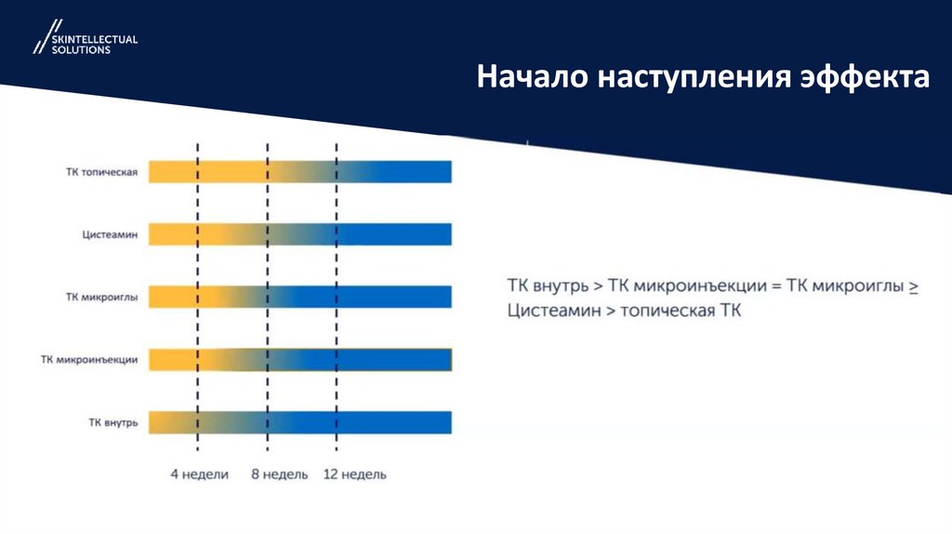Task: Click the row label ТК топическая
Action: click(102, 172)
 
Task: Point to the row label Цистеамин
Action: click(110, 235)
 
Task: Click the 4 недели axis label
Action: click(199, 474)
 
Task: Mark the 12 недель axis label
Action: click(354, 474)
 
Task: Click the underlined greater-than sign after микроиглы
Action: click(913, 287)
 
